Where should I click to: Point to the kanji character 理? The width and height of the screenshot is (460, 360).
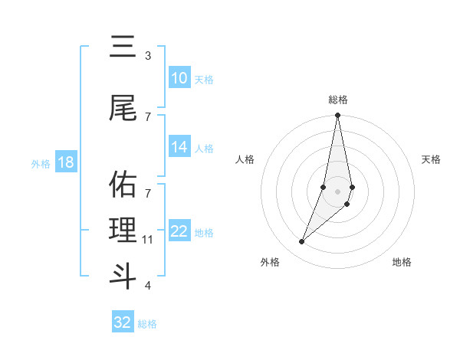123,231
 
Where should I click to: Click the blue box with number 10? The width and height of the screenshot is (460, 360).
179,78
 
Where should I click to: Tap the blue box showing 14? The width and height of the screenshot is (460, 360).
179,148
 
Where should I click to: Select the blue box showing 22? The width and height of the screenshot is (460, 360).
179,232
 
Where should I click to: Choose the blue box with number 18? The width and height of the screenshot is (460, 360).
65,163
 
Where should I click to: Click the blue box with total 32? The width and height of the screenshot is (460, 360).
123,322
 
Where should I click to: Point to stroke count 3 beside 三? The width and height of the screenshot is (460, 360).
148,56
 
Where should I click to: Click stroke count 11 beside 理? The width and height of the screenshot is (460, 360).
148,240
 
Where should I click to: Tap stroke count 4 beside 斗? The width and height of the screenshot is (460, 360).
148,286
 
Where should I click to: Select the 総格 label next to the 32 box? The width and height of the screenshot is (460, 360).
147,324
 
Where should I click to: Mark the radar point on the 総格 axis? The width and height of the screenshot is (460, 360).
337,116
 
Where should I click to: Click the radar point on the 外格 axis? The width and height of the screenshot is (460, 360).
301,242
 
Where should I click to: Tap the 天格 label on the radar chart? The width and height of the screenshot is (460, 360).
431,159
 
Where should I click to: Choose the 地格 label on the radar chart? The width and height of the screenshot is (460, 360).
402,262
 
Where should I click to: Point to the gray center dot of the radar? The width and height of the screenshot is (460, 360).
337,191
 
